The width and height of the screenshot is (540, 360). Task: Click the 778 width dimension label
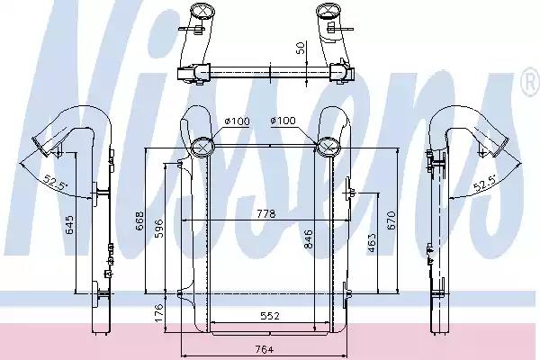pos(266,214)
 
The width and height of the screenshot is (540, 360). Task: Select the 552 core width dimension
pos(270,316)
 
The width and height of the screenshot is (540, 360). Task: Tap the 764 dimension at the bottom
pos(265,350)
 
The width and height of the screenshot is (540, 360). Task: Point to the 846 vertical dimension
pos(308,239)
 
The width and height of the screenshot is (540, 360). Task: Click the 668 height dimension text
pos(139,221)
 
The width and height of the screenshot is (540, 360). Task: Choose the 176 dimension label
pos(158,313)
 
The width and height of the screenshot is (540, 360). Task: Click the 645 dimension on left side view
pos(69,225)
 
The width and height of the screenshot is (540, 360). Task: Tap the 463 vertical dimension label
pos(372,242)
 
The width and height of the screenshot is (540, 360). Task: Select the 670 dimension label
pos(391,220)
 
